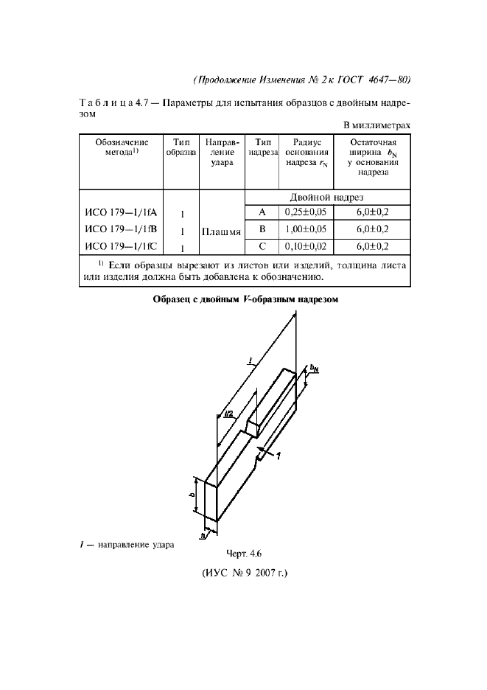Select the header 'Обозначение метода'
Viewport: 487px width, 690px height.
[122, 147]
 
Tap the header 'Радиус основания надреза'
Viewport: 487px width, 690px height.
[306, 153]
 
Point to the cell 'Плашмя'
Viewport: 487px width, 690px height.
[222, 231]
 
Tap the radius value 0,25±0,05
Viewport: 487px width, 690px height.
[306, 212]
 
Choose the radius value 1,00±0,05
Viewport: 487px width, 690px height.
[306, 229]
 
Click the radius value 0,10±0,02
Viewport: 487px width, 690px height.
[306, 246]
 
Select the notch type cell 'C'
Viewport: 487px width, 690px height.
[262, 246]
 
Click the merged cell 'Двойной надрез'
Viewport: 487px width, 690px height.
[326, 197]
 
